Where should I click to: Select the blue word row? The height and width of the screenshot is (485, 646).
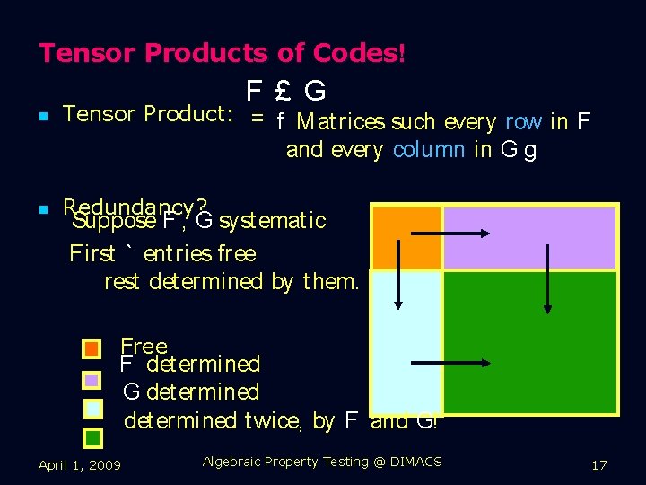[523, 121]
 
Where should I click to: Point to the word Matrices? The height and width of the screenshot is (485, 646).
[341, 121]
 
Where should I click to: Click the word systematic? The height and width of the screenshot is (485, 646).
[273, 220]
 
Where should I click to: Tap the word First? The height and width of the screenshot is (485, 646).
[92, 253]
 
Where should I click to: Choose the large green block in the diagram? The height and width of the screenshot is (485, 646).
[529, 341]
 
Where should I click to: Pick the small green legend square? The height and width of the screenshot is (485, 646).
[93, 438]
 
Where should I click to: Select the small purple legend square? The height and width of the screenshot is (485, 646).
[92, 379]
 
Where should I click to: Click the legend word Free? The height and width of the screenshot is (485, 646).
[144, 346]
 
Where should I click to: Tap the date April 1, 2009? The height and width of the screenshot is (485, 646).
[80, 464]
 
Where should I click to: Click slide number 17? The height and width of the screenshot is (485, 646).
[599, 464]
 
